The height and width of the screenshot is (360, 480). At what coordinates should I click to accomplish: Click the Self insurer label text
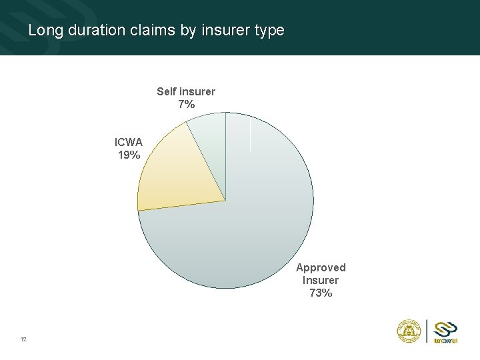tap(186, 91)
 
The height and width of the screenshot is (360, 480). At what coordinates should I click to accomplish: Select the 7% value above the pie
tap(186, 104)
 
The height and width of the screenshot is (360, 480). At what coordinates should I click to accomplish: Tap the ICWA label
tap(128, 142)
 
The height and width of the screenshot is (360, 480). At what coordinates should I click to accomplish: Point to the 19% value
tap(129, 155)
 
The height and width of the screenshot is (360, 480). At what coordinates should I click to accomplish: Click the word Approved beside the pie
tap(321, 267)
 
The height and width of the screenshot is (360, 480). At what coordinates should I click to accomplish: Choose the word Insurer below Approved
tap(321, 280)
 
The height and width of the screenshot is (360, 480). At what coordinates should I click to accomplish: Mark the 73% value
tap(321, 293)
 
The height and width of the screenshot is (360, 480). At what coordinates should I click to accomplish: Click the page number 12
tap(23, 339)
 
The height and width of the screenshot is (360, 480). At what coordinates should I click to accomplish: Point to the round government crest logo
tap(407, 331)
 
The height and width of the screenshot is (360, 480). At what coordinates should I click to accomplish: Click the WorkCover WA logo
tap(445, 331)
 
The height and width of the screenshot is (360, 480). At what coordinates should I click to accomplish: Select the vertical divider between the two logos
tap(427, 331)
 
